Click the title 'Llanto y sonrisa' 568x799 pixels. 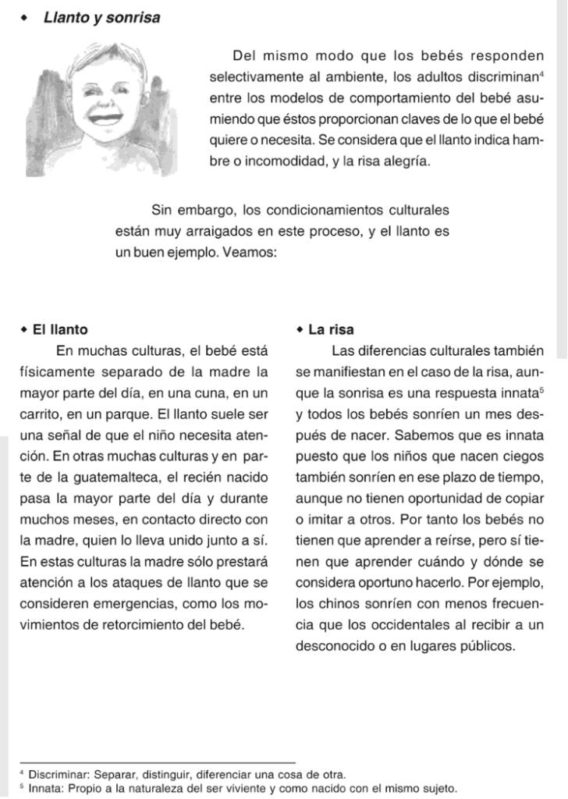tap(101, 18)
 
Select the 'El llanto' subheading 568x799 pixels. tap(60, 329)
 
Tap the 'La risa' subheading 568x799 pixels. tap(331, 329)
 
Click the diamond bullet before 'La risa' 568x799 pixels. tap(300, 329)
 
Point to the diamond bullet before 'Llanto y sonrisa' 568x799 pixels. tap(24, 18)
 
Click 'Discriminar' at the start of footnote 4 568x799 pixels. tap(59, 775)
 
